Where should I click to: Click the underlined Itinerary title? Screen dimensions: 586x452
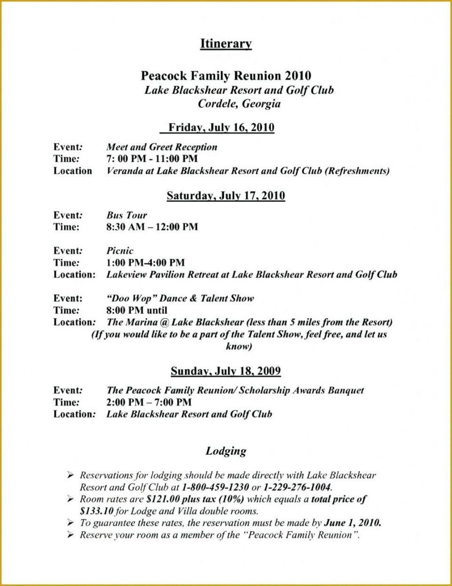point(226,44)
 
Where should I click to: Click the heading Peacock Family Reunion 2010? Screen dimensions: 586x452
point(226,76)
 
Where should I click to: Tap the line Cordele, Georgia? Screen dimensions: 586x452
point(239,104)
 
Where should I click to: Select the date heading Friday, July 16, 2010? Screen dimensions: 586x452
point(221,128)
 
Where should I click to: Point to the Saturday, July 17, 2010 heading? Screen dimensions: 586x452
point(226,196)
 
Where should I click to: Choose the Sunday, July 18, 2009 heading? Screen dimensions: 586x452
point(226,371)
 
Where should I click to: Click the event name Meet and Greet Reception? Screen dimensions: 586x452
point(162,147)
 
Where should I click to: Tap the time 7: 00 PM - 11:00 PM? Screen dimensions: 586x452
point(152,159)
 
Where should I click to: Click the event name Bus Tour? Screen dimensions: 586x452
point(127,215)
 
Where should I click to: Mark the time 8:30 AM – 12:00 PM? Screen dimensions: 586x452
point(152,227)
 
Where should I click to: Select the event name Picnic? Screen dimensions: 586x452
point(120,251)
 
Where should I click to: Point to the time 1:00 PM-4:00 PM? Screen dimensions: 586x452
point(145,263)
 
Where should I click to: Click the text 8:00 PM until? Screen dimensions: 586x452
point(137,310)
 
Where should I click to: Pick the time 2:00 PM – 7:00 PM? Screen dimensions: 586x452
point(149,402)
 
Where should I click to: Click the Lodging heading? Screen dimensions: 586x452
point(226,451)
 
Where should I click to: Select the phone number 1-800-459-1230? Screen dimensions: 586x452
point(215,487)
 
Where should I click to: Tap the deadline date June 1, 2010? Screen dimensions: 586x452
point(352,522)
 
